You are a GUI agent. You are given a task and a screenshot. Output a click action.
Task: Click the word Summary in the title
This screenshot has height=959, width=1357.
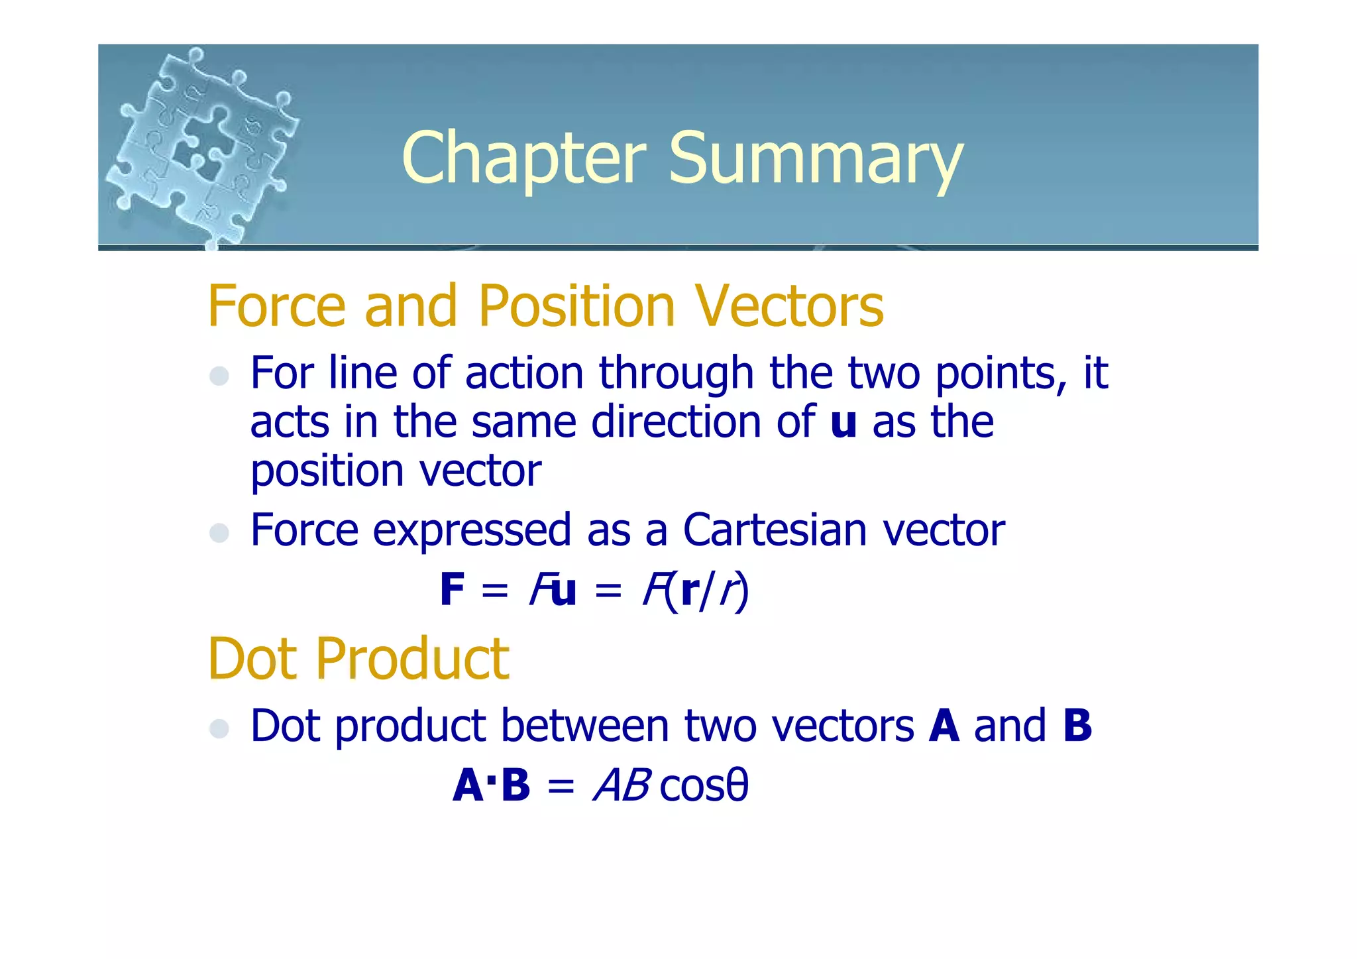point(815,159)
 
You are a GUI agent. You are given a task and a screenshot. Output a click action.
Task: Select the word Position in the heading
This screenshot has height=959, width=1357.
point(576,306)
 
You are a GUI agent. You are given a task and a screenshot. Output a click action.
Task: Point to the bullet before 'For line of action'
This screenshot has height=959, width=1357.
point(219,376)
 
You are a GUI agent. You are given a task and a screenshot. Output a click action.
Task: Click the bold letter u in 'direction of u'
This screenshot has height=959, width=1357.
point(843,422)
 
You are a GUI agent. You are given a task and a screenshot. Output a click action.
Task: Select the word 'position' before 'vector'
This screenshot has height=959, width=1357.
point(327,472)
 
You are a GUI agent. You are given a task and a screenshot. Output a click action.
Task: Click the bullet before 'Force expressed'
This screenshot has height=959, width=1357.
point(219,532)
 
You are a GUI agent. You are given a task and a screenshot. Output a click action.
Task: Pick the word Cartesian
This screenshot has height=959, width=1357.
point(775,530)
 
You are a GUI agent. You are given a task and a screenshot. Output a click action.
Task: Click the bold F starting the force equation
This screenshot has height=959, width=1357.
point(453,590)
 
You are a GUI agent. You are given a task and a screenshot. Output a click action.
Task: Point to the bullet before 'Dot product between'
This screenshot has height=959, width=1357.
point(219,728)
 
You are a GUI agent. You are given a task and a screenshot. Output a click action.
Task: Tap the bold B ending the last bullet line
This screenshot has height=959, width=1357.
point(1077,726)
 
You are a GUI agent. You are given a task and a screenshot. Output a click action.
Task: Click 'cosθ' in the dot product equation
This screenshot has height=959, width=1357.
point(704,786)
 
